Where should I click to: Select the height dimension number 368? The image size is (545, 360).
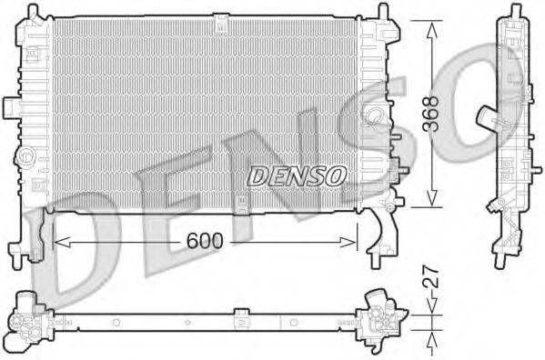[434, 114]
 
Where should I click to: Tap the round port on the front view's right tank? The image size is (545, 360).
[374, 117]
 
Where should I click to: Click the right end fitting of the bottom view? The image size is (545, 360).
[381, 319]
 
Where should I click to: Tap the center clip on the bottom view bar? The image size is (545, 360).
[240, 319]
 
